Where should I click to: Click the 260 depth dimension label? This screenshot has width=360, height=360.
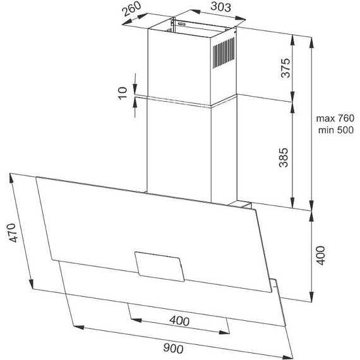click(131, 9)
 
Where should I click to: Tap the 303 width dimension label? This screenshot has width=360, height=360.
click(220, 6)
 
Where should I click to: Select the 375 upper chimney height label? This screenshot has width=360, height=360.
click(286, 68)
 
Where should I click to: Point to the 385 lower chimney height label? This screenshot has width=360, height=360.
click(284, 157)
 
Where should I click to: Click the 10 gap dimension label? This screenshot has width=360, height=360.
click(123, 93)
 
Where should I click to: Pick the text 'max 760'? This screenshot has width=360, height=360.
click(335, 118)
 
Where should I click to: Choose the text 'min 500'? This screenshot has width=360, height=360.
click(336, 130)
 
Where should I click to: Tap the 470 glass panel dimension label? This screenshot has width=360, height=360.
click(12, 232)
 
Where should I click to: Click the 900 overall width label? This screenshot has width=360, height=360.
click(173, 348)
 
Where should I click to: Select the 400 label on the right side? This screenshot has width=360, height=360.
click(320, 255)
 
